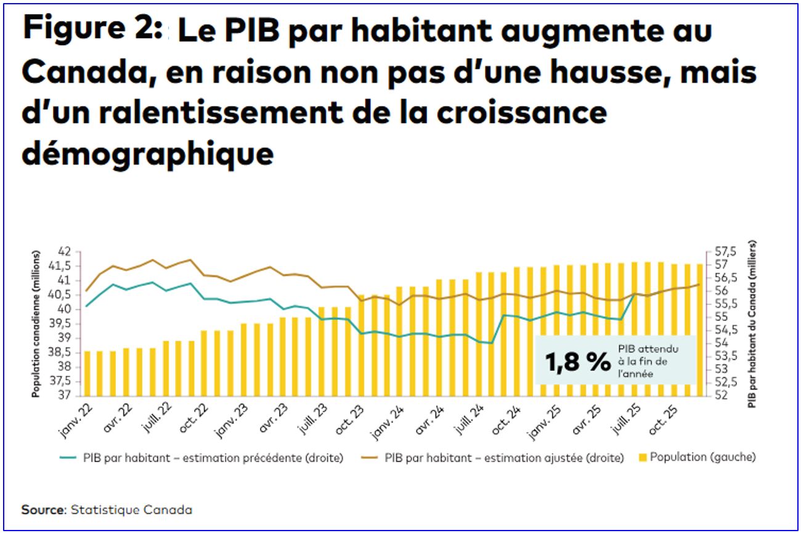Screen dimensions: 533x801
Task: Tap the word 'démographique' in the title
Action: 147,152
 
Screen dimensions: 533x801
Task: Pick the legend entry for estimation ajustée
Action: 497,458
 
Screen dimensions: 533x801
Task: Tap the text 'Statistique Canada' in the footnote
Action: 131,510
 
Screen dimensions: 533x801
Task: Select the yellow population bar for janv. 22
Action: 87,373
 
